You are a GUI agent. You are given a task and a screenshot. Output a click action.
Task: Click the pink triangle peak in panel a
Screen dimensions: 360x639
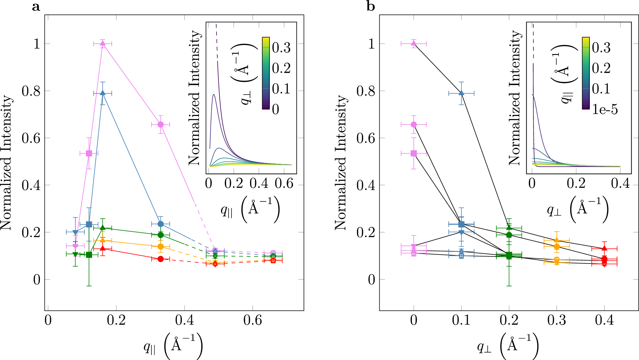pyautogui.click(x=103, y=43)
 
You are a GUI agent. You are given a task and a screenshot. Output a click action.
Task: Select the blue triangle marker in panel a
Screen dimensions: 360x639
pyautogui.click(x=103, y=93)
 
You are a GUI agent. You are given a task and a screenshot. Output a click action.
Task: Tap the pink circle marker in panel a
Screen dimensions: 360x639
pyautogui.click(x=161, y=125)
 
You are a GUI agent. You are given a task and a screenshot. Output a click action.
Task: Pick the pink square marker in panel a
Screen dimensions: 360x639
pyautogui.click(x=89, y=153)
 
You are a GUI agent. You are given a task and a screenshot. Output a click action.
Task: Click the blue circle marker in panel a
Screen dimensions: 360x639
pyautogui.click(x=161, y=224)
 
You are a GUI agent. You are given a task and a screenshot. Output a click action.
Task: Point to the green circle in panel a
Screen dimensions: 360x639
pyautogui.click(x=161, y=235)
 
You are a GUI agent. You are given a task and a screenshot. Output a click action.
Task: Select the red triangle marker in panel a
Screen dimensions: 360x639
pyautogui.click(x=103, y=248)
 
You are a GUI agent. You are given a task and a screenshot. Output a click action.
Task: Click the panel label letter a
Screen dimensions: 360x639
pyautogui.click(x=36, y=6)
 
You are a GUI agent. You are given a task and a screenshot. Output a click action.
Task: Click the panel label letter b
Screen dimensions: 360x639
pyautogui.click(x=370, y=6)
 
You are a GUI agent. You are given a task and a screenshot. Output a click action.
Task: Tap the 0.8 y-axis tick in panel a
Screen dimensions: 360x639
pyautogui.click(x=31, y=91)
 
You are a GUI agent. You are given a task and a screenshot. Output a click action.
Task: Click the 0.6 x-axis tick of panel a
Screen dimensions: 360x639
pyautogui.click(x=253, y=320)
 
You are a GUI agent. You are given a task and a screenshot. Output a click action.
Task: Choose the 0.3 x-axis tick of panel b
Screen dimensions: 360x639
pyautogui.click(x=557, y=320)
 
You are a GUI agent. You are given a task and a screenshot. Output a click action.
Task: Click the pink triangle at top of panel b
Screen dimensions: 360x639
pyautogui.click(x=414, y=43)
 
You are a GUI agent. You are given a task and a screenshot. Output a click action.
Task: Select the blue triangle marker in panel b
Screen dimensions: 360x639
pyautogui.click(x=461, y=93)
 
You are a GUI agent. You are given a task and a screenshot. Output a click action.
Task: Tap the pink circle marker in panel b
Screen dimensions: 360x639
pyautogui.click(x=414, y=125)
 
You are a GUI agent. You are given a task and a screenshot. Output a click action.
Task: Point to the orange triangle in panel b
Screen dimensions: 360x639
pyautogui.click(x=557, y=241)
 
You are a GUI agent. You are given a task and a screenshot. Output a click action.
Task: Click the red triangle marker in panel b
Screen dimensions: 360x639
pyautogui.click(x=604, y=248)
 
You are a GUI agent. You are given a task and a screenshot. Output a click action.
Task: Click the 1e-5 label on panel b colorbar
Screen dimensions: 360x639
pyautogui.click(x=605, y=110)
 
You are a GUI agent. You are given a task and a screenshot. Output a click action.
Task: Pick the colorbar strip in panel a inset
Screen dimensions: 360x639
pyautogui.click(x=266, y=73)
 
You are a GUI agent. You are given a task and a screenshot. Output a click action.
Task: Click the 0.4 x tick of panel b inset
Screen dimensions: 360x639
pyautogui.click(x=620, y=183)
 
